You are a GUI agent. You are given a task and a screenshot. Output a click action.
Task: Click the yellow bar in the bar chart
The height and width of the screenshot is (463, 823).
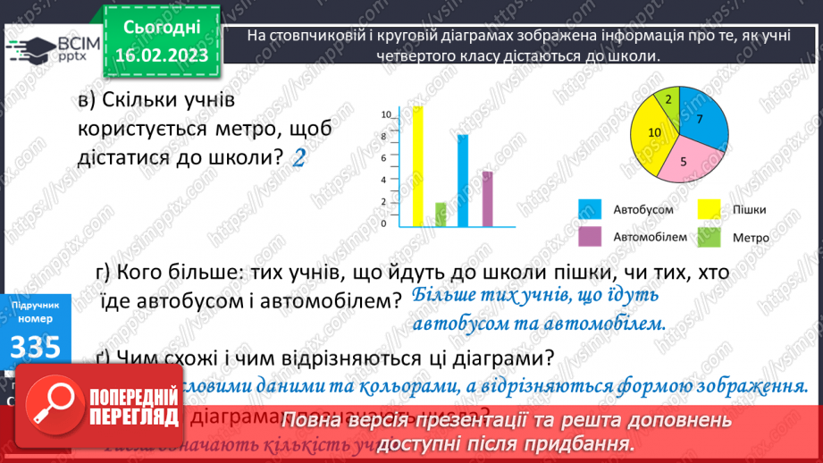coord(416,166)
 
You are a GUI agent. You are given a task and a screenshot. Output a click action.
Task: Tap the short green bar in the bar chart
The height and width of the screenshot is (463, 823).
coord(441,215)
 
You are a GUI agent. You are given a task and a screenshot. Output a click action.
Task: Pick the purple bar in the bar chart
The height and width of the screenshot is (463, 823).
coord(487,198)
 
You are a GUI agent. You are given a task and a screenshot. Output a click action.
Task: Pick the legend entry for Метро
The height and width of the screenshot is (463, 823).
coord(731,238)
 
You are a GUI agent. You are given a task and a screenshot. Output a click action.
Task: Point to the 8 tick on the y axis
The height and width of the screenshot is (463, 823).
coord(384,137)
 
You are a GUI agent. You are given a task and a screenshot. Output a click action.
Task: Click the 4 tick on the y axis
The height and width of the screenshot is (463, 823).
coord(384,180)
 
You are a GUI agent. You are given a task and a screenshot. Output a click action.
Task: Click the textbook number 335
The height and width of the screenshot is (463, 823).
coord(36,345)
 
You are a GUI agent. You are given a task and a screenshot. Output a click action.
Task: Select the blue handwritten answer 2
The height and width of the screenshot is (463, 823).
coord(298,158)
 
